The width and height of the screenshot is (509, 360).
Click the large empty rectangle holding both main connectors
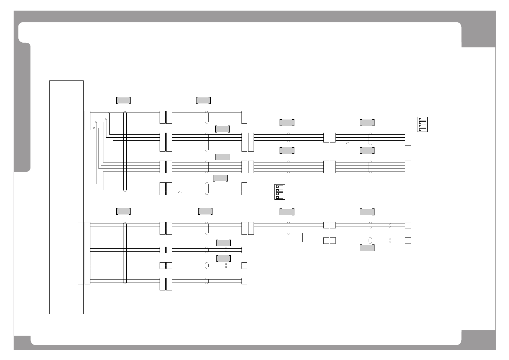[66, 197]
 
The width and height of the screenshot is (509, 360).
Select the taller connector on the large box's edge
[81, 253]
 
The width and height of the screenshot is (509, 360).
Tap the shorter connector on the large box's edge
[81, 120]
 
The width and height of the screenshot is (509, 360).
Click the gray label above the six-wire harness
[222, 129]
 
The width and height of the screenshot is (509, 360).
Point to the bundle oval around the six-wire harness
[207, 142]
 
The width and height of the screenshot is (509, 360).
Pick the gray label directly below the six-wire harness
[222, 157]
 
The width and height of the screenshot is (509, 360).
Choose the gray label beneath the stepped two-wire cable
[367, 248]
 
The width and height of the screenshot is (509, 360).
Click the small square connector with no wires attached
[162, 266]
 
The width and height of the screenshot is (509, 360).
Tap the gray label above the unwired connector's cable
[224, 258]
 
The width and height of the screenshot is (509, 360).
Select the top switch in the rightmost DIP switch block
[422, 119]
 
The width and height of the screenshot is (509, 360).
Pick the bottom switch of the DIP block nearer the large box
[279, 197]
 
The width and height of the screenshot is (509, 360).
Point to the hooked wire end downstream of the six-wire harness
[347, 143]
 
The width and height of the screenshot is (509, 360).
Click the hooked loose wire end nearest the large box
[180, 192]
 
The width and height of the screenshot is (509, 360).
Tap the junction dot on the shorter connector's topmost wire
[109, 113]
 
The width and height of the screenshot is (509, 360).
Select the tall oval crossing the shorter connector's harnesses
[125, 151]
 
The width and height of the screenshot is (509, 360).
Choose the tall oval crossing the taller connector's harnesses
[125, 253]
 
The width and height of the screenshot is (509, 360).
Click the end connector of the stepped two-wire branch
[408, 241]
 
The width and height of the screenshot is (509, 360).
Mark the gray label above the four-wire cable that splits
[287, 212]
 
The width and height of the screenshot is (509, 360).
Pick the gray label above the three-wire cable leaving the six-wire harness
[287, 123]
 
